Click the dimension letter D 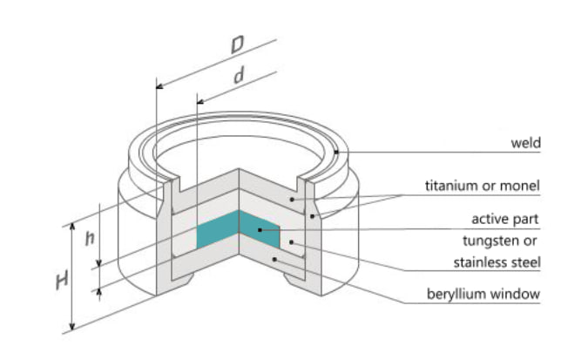[237, 44]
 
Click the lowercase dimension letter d [239, 75]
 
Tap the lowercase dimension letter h [90, 238]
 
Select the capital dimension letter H [62, 281]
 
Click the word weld [526, 143]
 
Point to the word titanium [453, 186]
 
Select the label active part [505, 219]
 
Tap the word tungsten [490, 241]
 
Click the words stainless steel [497, 262]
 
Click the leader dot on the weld [336, 152]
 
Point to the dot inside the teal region [260, 230]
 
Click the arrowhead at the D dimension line [159, 86]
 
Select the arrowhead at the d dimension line [200, 101]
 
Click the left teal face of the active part [218, 229]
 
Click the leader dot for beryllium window [275, 259]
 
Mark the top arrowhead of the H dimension [73, 227]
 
